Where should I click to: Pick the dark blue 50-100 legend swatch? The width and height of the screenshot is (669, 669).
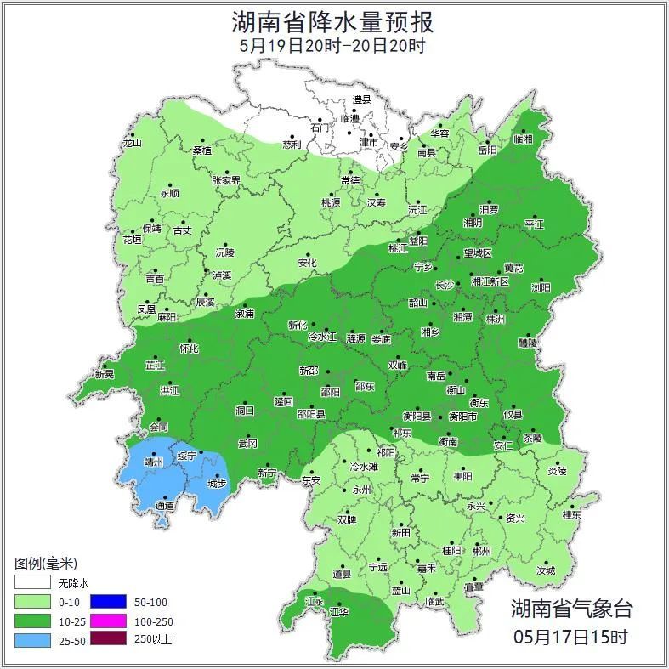point(108,602)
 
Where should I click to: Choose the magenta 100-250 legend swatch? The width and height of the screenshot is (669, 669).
point(108,621)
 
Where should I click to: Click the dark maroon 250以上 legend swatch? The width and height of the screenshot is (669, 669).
point(108,639)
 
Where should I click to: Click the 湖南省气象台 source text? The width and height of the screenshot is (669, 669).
point(571,608)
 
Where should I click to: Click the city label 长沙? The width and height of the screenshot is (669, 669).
point(445,285)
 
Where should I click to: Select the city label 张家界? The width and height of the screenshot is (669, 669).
point(226,180)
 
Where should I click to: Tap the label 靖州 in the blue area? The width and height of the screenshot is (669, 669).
point(153,464)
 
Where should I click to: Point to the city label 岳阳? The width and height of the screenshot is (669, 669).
point(487,150)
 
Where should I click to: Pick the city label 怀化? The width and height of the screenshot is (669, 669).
point(189,349)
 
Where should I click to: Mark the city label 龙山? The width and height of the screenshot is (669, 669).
point(132,143)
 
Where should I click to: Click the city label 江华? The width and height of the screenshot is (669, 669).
point(339,612)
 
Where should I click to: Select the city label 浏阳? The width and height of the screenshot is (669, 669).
point(541,287)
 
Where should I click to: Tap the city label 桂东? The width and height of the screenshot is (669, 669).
point(571,515)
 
